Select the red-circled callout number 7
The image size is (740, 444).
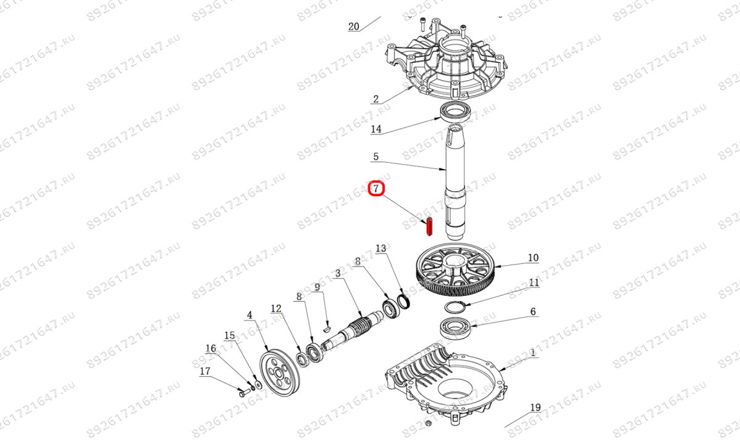click(x=376, y=189)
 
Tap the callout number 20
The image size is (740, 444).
click(x=353, y=27)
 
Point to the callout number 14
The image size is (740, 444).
click(x=376, y=129)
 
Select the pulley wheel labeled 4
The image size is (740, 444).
click(x=280, y=372)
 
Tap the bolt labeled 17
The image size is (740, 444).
click(x=244, y=393)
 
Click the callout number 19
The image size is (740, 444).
click(x=535, y=408)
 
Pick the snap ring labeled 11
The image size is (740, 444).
click(x=455, y=307)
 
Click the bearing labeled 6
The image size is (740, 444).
click(x=455, y=327)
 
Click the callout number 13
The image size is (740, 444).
click(x=380, y=248)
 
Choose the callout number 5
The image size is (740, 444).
click(x=376, y=156)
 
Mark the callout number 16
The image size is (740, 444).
click(x=210, y=348)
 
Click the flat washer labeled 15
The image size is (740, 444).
click(x=258, y=385)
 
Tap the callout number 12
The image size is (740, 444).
click(x=276, y=308)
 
